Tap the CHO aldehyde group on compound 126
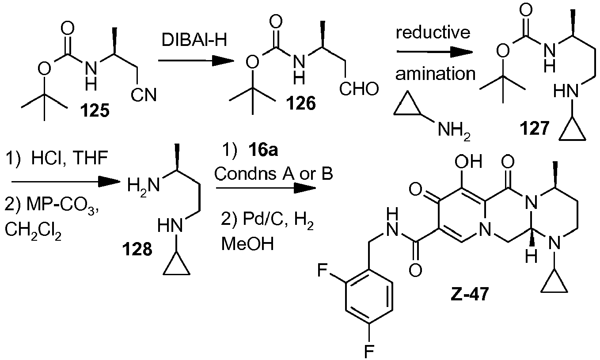[359, 91]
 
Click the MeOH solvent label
[247, 244]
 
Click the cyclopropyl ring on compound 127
[572, 130]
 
